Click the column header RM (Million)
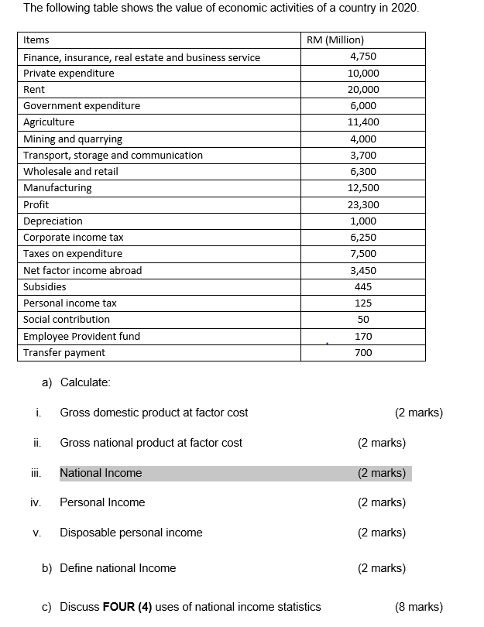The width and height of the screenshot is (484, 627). coord(335,40)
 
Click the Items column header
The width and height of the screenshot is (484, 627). coord(36,40)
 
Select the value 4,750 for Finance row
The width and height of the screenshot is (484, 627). coord(363,57)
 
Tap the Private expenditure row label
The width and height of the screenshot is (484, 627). coord(69,74)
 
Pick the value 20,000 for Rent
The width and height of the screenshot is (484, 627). coord(363,90)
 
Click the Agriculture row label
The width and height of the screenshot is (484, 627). coord(49,122)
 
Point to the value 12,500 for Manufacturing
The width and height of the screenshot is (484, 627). coord(363,188)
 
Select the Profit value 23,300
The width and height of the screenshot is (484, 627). coord(363,205)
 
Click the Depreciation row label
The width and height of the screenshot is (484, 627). coord(53,221)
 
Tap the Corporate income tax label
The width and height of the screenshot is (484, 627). coord(74,238)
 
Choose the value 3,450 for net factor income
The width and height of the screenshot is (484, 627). coord(363,271)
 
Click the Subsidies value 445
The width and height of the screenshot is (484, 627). coord(363,287)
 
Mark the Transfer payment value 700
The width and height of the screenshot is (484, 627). coord(363,353)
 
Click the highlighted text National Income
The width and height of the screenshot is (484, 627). coord(101,473)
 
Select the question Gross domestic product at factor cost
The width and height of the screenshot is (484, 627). coord(154,413)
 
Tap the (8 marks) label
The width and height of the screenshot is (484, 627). coord(419,607)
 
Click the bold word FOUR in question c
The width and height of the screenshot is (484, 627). coord(119,607)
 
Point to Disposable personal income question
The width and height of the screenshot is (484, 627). coord(131,533)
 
